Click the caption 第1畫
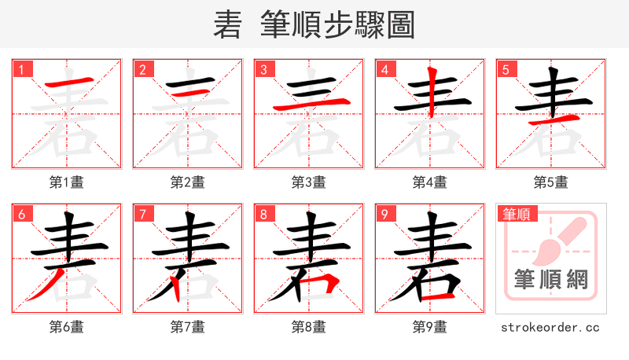(67, 182)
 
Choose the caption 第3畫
(309, 182)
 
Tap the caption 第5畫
(551, 182)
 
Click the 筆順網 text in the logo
(551, 279)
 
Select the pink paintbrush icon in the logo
(560, 240)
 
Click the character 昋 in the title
(228, 25)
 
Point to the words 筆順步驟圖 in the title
(338, 25)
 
